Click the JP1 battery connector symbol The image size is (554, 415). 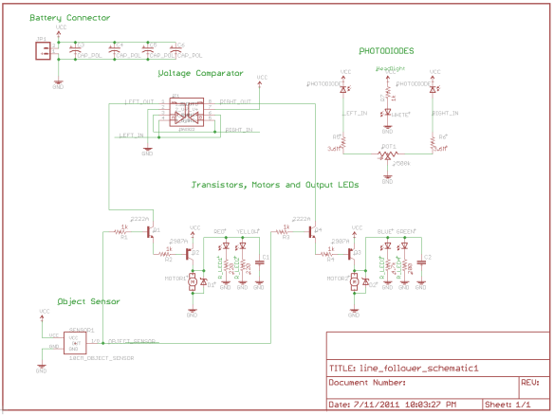click(x=41, y=52)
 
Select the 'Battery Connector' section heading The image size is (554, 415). click(x=69, y=18)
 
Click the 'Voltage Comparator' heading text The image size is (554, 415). click(x=200, y=73)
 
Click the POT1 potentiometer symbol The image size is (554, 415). click(x=387, y=152)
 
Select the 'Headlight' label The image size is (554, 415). click(x=390, y=68)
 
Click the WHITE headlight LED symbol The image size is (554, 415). click(x=388, y=112)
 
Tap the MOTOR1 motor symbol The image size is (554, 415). click(x=193, y=281)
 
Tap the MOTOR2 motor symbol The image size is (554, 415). click(x=355, y=281)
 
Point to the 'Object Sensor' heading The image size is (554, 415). click(x=88, y=301)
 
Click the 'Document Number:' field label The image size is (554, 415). click(x=367, y=384)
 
